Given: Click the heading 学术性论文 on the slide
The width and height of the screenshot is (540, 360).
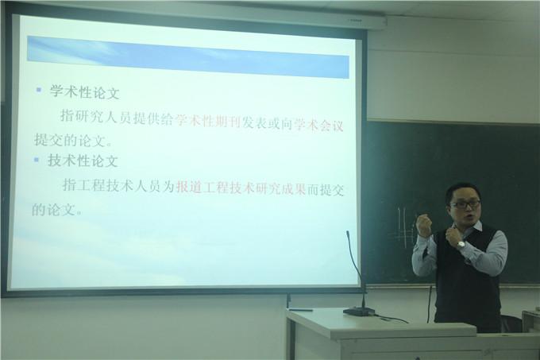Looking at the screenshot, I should click(85, 92).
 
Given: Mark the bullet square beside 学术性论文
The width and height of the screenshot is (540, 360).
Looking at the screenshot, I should click(38, 90).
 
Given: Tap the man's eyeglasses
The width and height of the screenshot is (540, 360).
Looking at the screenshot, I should click(465, 205).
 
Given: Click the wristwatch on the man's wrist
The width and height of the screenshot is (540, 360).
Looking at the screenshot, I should click(461, 246).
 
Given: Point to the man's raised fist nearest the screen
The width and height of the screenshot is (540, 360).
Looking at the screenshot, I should click(424, 226).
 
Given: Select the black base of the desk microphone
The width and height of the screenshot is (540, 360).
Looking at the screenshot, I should click(360, 311).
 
